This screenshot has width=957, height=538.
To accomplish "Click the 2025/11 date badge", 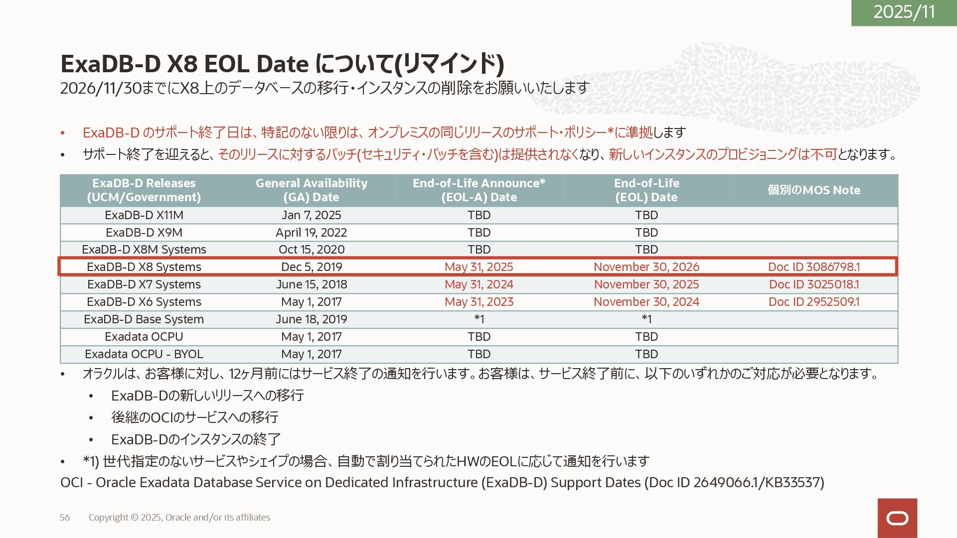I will click(904, 12).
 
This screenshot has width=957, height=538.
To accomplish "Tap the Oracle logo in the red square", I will click(897, 518).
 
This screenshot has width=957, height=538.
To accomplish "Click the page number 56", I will click(65, 518).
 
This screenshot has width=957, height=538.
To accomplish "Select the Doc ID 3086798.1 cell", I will click(813, 267).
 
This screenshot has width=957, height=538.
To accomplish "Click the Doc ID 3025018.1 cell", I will click(813, 284).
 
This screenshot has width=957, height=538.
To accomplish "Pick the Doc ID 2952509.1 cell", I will click(813, 302).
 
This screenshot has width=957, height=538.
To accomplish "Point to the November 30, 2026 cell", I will click(646, 267).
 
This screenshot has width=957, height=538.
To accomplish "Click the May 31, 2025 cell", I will click(478, 267).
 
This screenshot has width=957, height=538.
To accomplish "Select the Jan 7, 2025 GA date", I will click(311, 215).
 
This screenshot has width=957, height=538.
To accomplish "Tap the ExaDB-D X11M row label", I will click(144, 215).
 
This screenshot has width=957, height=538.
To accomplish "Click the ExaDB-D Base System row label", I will click(144, 319).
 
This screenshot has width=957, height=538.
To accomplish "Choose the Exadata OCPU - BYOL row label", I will click(144, 354).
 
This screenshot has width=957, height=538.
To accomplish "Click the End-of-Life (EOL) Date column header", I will click(646, 190).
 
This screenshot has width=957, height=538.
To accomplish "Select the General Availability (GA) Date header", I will click(311, 190).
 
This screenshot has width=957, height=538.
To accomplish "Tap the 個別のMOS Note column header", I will click(813, 190).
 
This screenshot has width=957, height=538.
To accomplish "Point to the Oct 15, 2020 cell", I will click(311, 250).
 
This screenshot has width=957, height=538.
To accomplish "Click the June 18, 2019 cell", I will click(311, 319).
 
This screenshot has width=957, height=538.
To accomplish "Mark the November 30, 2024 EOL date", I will click(646, 302).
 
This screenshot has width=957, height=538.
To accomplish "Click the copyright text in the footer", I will click(179, 518).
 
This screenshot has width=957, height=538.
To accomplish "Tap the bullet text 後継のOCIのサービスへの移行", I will click(194, 417).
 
